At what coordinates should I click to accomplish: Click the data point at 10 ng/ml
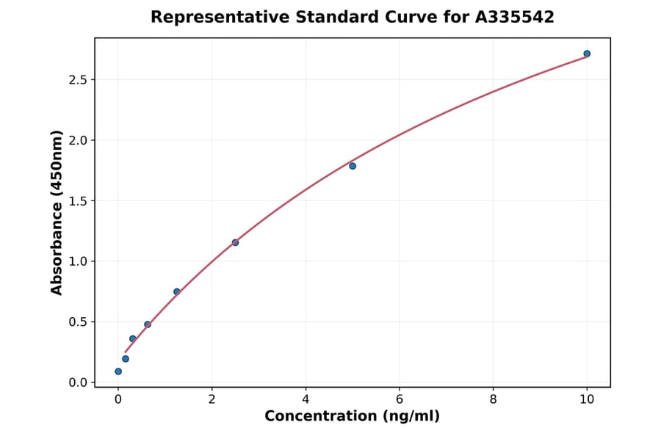click(587, 54)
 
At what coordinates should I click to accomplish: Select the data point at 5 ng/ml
click(353, 166)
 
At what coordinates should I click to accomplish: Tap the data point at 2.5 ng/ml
click(235, 242)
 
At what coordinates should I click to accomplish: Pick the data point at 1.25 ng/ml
click(177, 291)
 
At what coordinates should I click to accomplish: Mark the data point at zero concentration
click(118, 371)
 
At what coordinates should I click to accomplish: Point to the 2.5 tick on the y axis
click(76, 79)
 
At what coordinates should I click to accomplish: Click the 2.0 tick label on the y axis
click(76, 140)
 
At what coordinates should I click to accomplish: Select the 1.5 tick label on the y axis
click(76, 201)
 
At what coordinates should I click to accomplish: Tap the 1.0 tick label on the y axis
click(76, 261)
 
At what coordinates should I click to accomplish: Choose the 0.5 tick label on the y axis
click(76, 322)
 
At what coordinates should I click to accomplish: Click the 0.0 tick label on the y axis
click(76, 382)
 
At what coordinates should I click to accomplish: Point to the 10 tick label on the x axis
click(587, 399)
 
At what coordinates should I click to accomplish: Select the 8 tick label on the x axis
click(493, 399)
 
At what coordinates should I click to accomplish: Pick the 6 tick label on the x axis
click(400, 399)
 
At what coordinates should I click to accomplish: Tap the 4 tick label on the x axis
click(306, 399)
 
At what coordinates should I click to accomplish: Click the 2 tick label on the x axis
click(212, 399)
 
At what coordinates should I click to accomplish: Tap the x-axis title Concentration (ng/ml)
click(352, 417)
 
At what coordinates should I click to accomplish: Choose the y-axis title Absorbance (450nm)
click(57, 212)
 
